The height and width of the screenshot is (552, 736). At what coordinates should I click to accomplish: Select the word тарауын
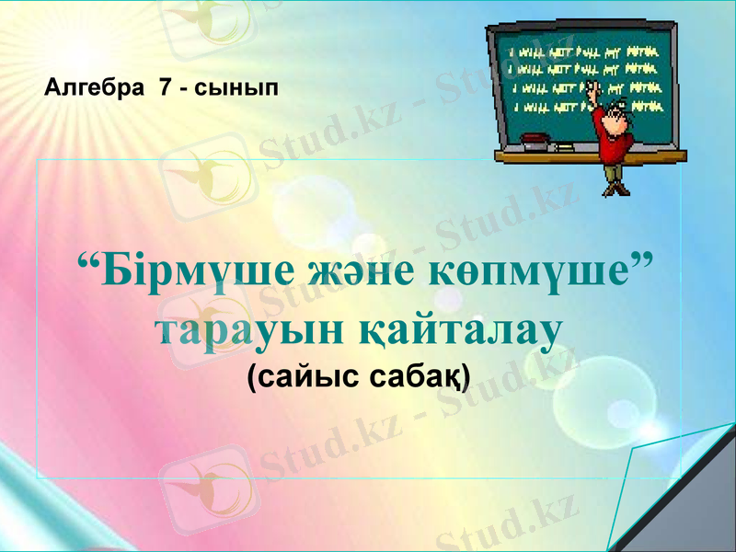(245, 333)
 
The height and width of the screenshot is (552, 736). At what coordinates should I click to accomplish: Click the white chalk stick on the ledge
(562, 146)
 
